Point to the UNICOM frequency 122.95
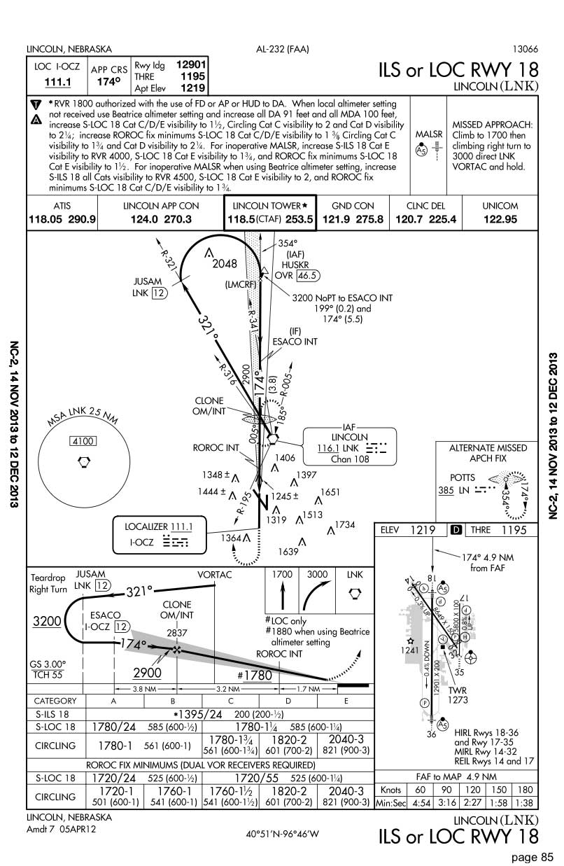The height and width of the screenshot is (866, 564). click(500, 219)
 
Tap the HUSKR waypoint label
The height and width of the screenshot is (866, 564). click(295, 265)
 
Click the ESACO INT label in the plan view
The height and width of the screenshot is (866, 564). click(294, 342)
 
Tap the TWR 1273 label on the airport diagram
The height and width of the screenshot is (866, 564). click(458, 694)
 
